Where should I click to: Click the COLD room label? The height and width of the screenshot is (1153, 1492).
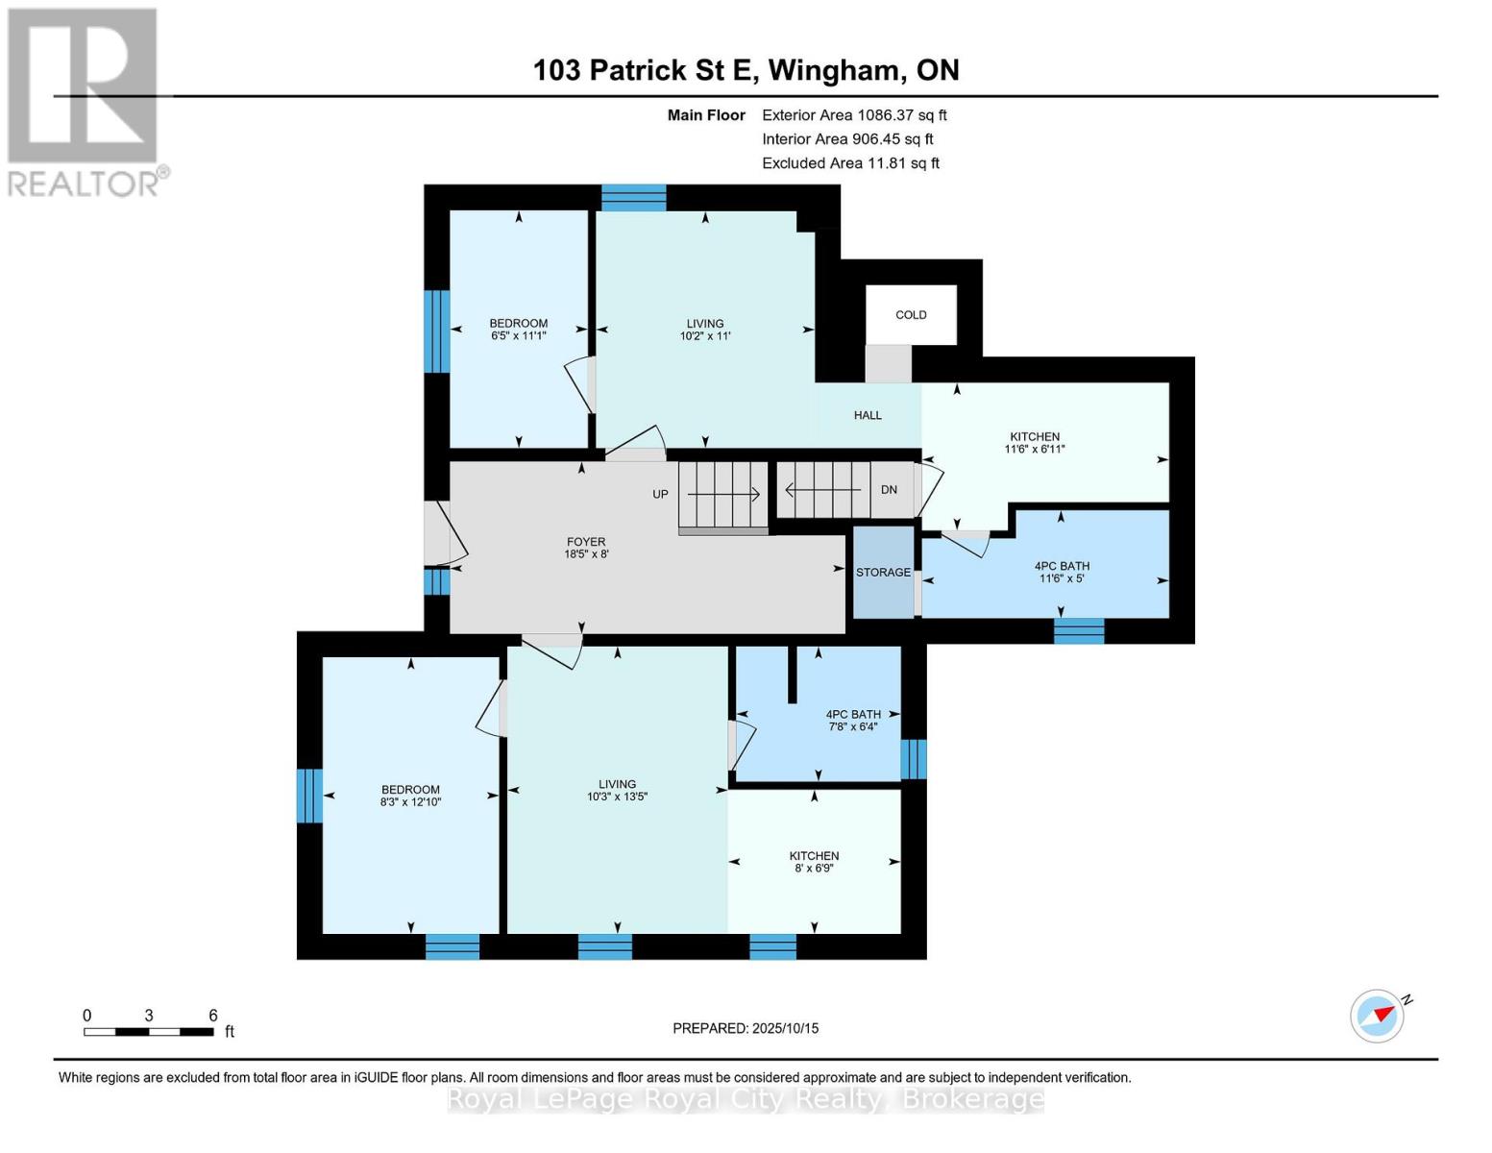pos(911,315)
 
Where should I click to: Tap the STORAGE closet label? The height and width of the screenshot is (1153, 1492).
pos(883,573)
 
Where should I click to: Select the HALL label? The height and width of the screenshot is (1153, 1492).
pos(868,416)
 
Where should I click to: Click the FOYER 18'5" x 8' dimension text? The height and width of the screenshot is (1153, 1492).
pos(586,554)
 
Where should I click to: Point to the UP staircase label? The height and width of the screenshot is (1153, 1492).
pos(660,495)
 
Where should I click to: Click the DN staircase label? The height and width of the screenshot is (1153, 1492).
pos(889,490)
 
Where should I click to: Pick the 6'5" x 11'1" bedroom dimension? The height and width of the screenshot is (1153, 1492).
pos(519,336)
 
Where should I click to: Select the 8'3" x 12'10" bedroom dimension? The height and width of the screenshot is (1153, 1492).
pos(411,802)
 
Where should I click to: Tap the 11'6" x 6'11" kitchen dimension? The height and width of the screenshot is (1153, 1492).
pos(1035,450)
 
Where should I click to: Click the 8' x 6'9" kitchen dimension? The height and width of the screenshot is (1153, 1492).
pos(814,869)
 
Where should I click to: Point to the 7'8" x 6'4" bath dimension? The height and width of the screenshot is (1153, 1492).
pos(853,727)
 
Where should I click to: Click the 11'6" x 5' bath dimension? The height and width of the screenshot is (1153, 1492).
pos(1062,578)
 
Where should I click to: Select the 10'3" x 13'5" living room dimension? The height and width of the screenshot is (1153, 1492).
pos(617,797)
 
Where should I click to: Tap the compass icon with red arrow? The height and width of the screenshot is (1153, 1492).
pos(1378,1016)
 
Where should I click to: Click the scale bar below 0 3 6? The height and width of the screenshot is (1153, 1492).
pos(149,1033)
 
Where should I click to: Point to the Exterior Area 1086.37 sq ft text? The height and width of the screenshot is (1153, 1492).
pos(854,115)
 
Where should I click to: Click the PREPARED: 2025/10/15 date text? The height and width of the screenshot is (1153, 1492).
pos(746,1029)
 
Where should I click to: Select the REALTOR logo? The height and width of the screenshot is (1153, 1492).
pos(85,102)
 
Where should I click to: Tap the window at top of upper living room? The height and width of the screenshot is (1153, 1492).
pos(633,198)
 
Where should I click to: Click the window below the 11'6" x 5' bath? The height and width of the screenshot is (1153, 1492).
pos(1079,631)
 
